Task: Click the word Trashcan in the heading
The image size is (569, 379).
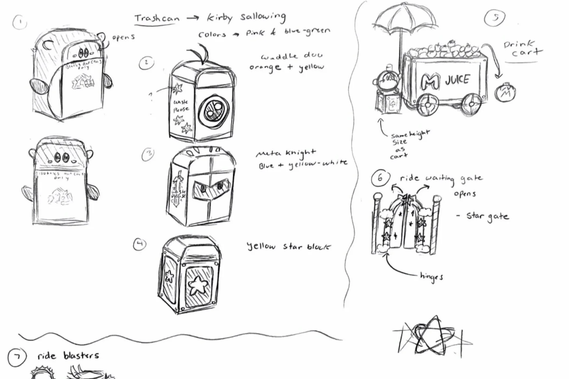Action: (157, 18)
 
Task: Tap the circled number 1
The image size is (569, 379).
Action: (20, 23)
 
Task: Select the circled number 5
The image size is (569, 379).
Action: (494, 18)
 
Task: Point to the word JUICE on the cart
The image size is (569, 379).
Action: (457, 80)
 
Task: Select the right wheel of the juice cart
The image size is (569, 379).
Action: (471, 104)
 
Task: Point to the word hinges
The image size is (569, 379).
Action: (431, 277)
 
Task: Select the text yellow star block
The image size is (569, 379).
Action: (288, 246)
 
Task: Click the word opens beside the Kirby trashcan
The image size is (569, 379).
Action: (123, 37)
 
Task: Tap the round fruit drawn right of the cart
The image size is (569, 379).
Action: (505, 93)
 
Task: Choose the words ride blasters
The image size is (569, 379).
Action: (68, 356)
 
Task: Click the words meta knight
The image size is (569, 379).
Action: (286, 153)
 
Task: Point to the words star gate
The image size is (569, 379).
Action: (487, 216)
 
